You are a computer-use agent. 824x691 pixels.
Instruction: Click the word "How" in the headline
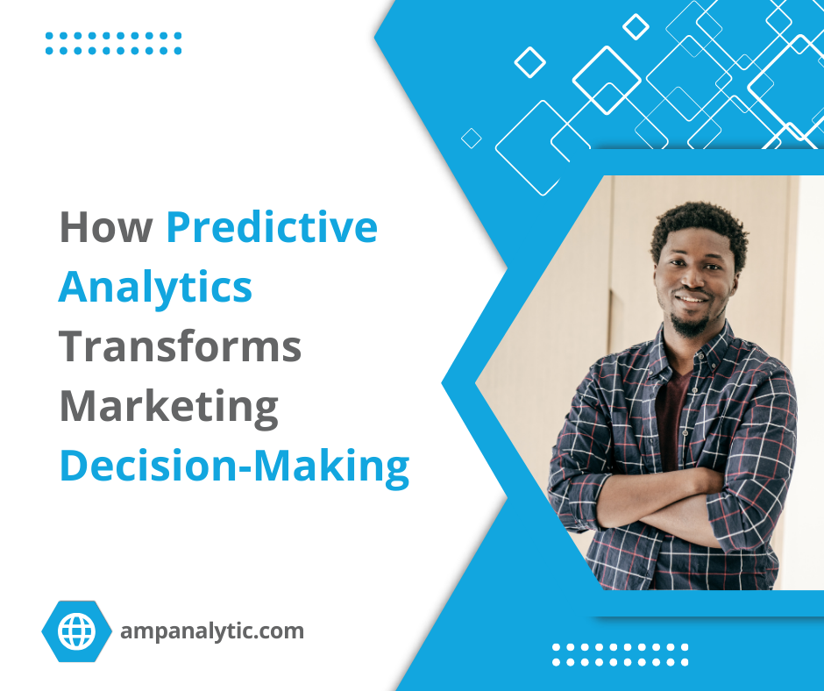[x=105, y=229]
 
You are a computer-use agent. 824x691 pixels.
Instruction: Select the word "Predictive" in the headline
[x=272, y=229]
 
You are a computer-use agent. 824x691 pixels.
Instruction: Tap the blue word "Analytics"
[x=155, y=288]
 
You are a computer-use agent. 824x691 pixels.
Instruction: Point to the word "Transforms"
[x=180, y=346]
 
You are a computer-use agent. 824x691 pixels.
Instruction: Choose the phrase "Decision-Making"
[x=234, y=466]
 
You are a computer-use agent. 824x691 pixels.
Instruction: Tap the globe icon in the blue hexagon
[x=76, y=630]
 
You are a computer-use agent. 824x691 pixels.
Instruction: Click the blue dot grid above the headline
[x=113, y=43]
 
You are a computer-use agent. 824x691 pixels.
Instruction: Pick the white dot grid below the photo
[x=620, y=655]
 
